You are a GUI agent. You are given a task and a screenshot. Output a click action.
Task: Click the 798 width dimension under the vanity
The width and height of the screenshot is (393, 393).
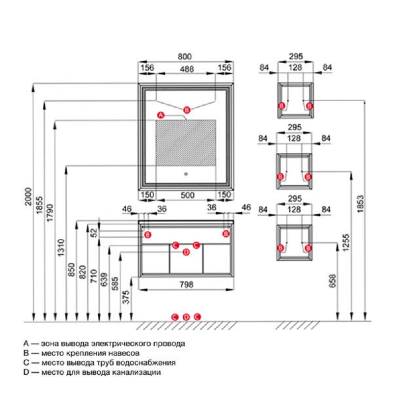(x=186, y=284)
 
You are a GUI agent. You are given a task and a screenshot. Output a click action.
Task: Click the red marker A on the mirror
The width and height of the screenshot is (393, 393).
(x=160, y=115)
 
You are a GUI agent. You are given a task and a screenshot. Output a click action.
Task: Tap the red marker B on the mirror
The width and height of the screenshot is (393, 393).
(x=186, y=109)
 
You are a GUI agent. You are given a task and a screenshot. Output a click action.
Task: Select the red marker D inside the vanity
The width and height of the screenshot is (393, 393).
(x=186, y=253)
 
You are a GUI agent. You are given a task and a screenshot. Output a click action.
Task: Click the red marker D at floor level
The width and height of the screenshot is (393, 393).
(x=186, y=317)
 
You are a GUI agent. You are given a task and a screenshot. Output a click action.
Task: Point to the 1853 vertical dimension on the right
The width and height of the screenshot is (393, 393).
(x=361, y=200)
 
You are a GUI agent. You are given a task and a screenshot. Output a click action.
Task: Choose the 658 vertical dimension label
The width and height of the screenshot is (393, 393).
(x=333, y=281)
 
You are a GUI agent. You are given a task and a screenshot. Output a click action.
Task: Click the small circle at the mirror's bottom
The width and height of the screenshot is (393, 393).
(x=186, y=173)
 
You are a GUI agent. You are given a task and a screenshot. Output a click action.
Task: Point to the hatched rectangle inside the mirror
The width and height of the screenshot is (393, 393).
(x=186, y=143)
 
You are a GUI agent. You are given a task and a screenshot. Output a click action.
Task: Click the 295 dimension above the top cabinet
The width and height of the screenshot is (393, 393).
(x=295, y=56)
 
